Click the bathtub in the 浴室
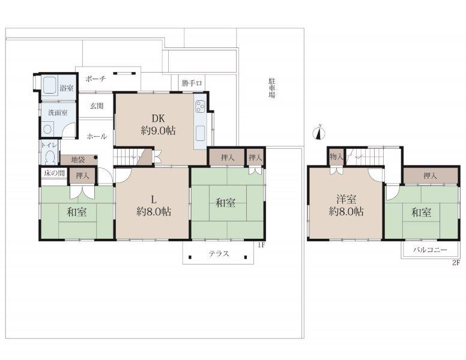pyautogui.click(x=50, y=85)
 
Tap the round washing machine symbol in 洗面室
pyautogui.click(x=47, y=130)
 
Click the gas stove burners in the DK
pyautogui.click(x=200, y=106)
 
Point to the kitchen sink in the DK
pyautogui.click(x=200, y=133)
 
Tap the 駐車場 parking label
pyautogui.click(x=271, y=88)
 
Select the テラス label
pyautogui.click(x=219, y=254)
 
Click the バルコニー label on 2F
pyautogui.click(x=430, y=250)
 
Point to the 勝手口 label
pyautogui.click(x=192, y=83)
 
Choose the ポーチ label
pyautogui.click(x=95, y=79)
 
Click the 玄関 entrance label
pyautogui.click(x=97, y=106)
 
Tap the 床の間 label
pyautogui.click(x=54, y=173)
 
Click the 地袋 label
pyautogui.click(x=78, y=160)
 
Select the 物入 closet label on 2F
pyautogui.click(x=336, y=156)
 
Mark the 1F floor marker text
pyautogui.click(x=261, y=245)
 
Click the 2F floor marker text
pyautogui.click(x=456, y=263)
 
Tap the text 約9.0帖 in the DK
pyautogui.click(x=158, y=131)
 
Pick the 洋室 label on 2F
pyautogui.click(x=346, y=199)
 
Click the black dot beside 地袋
pyautogui.click(x=95, y=157)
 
